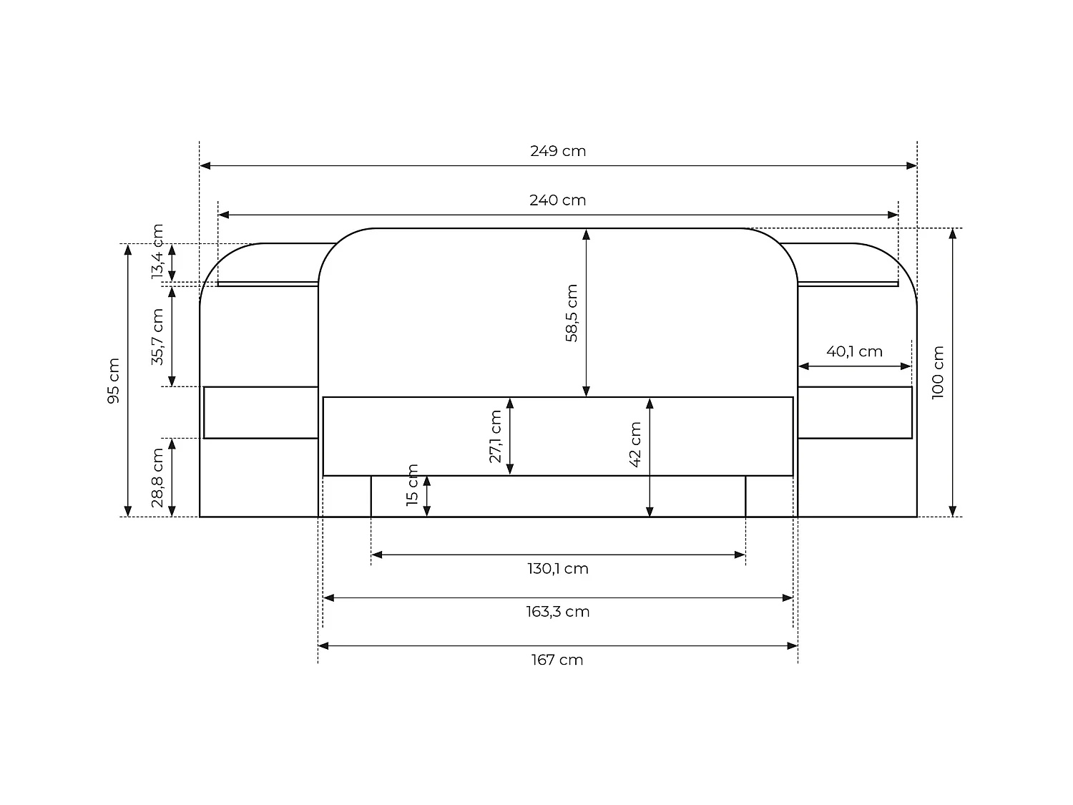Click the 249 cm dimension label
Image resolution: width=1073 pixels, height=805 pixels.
pos(558,151)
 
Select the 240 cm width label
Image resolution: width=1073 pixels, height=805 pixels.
pos(558,200)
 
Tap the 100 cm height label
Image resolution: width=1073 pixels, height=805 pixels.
pos(938,372)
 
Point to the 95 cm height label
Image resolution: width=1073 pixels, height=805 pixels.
pos(114,381)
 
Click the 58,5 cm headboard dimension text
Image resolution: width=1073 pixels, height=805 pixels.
pos(572,313)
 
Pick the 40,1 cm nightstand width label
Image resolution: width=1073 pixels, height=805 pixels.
pos(854,351)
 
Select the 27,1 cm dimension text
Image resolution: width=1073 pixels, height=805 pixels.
pos(495,436)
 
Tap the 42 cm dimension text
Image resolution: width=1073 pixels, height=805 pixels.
pos(635,444)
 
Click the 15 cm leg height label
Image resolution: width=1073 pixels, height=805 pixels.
pos(412,485)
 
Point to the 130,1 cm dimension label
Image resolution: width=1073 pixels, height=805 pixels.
pos(558,569)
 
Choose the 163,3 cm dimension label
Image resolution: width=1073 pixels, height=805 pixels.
pos(558,612)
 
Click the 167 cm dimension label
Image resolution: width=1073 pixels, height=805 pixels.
pos(557,660)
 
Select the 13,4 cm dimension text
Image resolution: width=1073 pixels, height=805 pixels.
pos(157,252)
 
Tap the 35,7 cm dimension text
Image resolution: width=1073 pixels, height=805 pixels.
pos(157,336)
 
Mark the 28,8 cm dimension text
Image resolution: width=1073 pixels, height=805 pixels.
pos(157,478)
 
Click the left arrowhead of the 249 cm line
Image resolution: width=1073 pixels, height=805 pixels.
pos(205,166)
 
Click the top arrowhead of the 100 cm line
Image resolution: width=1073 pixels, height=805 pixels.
pos(953,233)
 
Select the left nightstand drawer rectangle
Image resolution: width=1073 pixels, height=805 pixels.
pos(261,412)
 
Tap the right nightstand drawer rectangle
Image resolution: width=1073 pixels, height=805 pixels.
pos(855,412)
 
